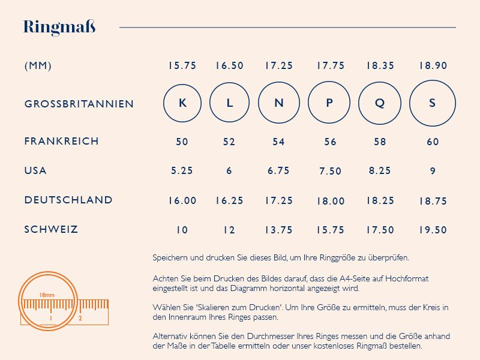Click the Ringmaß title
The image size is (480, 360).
tap(59, 27)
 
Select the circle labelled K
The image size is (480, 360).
tap(182, 103)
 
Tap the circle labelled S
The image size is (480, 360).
tap(433, 103)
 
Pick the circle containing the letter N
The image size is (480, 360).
tap(279, 103)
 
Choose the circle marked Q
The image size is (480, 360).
tap(380, 103)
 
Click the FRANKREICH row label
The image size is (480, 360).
tap(61, 142)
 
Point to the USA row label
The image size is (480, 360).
tap(35, 171)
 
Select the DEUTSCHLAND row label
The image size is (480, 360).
tap(68, 200)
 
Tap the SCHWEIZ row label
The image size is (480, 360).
tap(51, 229)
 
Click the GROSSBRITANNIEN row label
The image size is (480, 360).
tap(79, 104)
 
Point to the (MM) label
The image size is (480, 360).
tap(38, 66)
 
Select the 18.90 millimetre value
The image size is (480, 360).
tap(433, 66)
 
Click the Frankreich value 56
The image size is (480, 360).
tap(330, 142)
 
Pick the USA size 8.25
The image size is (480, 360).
tap(380, 171)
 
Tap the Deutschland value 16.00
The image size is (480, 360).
tap(182, 200)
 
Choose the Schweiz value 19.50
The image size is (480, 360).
tap(433, 230)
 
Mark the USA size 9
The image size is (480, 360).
tap(433, 171)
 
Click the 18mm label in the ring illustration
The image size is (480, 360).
tap(47, 295)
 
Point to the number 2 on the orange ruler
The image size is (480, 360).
tap(80, 319)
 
